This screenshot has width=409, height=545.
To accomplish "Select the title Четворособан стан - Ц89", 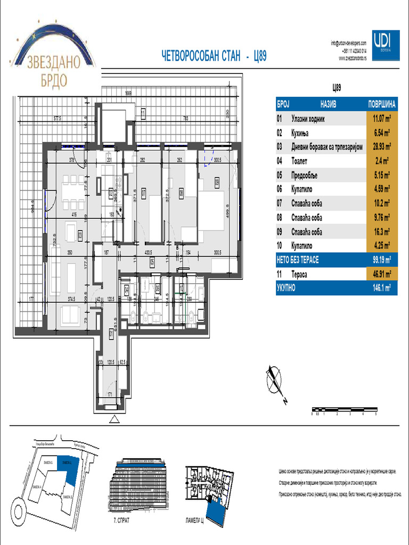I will [x=213, y=56].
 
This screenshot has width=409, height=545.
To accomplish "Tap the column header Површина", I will [x=381, y=104].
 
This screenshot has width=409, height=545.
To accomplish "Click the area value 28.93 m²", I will [x=381, y=146].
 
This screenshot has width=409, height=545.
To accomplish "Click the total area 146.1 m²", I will [x=381, y=289].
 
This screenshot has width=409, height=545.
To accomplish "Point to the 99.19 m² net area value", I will [x=381, y=260].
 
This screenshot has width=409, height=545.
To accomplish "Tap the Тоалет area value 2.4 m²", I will [x=381, y=161].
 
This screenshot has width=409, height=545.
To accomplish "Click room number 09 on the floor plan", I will [x=217, y=181].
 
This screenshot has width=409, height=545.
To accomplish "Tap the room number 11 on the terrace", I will [x=143, y=113].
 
